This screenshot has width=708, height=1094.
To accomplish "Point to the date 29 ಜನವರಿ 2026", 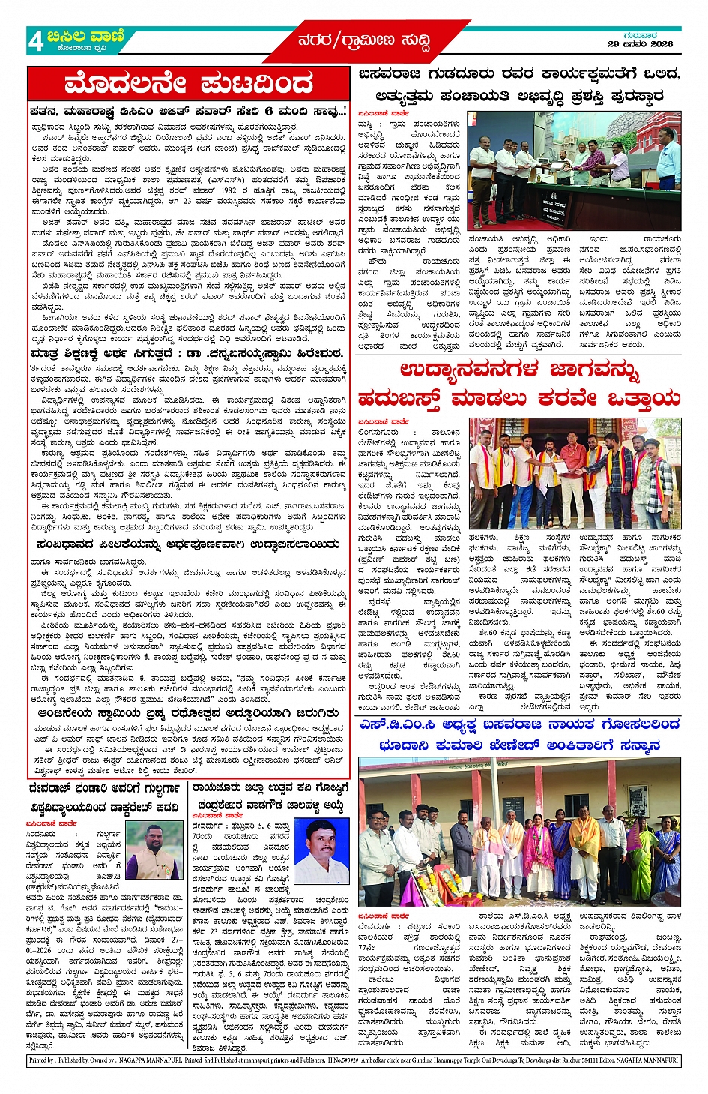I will (x=641, y=44).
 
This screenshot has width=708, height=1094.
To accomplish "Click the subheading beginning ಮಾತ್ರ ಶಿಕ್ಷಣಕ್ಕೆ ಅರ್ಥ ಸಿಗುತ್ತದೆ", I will (x=187, y=352).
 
